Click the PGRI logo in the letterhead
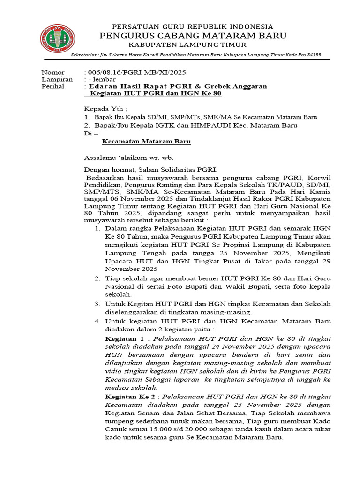tap(57, 39)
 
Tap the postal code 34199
tap(312, 55)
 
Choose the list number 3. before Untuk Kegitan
tap(97, 304)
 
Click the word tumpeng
tap(121, 422)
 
